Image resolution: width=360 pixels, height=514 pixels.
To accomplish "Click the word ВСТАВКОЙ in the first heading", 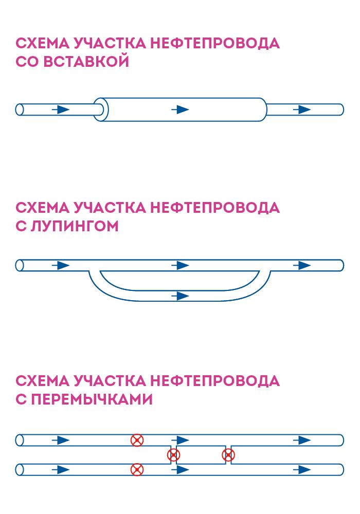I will (86, 62).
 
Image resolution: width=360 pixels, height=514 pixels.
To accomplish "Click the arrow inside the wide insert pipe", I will (180, 109).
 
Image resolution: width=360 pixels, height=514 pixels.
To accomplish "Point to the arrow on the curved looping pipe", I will (180, 296).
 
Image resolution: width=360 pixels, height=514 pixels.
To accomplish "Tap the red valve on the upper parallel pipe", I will (137, 440).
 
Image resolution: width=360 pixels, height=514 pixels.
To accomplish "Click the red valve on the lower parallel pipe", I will (137, 469).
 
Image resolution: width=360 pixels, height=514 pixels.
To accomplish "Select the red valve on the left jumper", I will (174, 455).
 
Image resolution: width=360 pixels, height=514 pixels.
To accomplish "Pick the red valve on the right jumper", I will (228, 455).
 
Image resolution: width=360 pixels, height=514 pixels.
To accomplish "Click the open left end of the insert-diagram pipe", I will (20, 109).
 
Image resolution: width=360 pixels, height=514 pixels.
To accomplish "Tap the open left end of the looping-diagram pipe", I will (20, 265).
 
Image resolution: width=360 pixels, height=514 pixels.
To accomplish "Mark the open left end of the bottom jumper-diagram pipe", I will (20, 469).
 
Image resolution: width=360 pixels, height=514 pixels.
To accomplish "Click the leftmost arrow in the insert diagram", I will (61, 109).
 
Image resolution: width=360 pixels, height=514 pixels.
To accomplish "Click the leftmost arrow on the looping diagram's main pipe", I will (61, 265).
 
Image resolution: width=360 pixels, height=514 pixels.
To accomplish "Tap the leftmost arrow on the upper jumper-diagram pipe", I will (61, 440).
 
